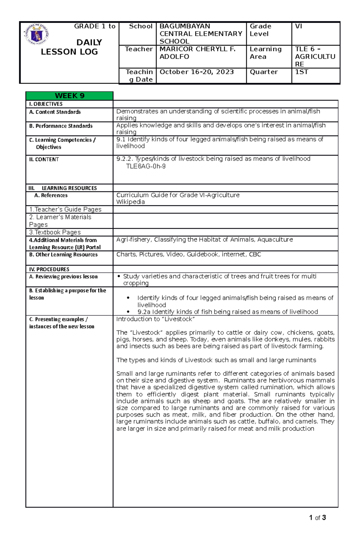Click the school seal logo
tap(36, 34)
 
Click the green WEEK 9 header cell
tap(69, 96)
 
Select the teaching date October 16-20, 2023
tap(196, 72)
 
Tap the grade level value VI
tap(298, 26)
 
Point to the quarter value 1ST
tap(301, 72)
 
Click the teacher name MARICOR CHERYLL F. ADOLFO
tap(197, 53)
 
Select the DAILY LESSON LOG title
tap(69, 47)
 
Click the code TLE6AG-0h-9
tap(145, 166)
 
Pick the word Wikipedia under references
tap(130, 202)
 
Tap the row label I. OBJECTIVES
tap(46, 104)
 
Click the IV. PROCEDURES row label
tap(49, 269)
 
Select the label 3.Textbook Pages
tap(55, 232)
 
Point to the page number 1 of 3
tap(317, 518)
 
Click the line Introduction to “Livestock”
tap(155, 319)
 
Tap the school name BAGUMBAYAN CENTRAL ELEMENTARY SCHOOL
tap(201, 34)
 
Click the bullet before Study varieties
tap(119, 276)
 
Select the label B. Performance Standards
tap(61, 126)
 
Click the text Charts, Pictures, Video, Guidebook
tap(188, 254)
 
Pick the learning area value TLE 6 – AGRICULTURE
tap(315, 57)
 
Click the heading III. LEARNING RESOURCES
tap(63, 188)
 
